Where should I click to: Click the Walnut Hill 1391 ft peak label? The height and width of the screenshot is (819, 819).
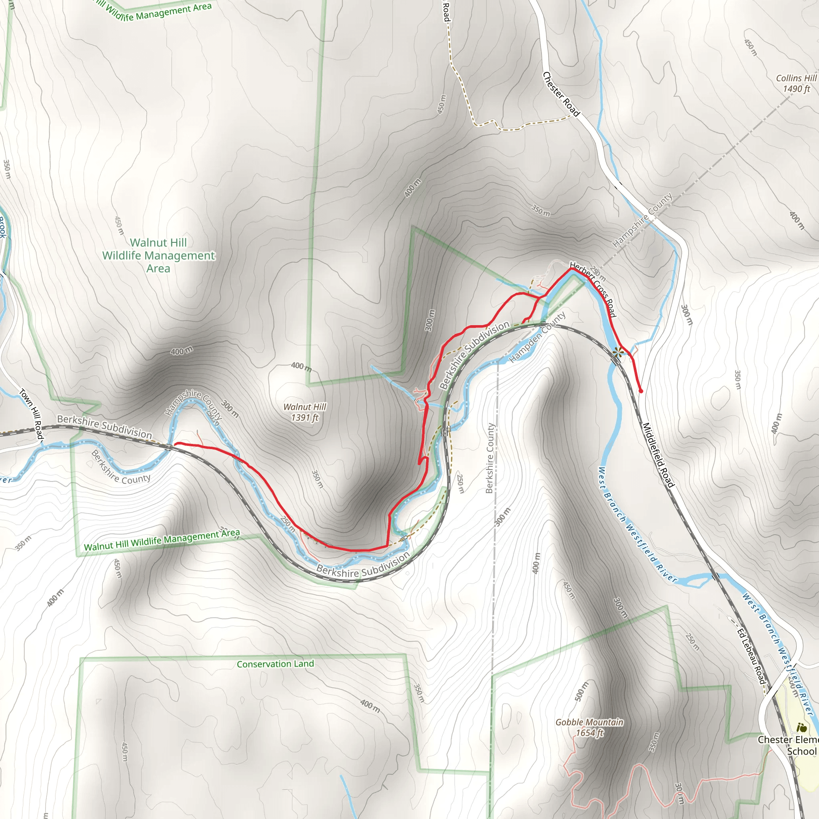[304, 412]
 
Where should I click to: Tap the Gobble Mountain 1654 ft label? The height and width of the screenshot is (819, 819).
[589, 727]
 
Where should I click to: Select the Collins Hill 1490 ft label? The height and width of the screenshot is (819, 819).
[796, 83]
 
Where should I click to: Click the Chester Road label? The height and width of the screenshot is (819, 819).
[560, 94]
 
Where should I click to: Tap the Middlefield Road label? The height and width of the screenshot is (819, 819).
[657, 455]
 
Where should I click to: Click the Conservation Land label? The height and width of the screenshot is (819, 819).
[275, 664]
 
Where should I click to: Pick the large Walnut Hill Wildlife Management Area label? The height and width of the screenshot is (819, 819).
[158, 255]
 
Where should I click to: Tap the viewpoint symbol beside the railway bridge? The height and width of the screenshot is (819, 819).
[619, 351]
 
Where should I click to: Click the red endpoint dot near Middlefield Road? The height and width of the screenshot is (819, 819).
[641, 391]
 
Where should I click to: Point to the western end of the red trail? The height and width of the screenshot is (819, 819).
[176, 444]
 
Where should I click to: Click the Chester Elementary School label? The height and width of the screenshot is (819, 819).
[788, 745]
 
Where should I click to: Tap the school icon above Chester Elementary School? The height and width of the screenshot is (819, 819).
[801, 728]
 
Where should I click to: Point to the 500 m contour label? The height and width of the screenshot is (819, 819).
[581, 691]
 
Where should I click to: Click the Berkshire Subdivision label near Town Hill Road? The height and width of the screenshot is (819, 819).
[104, 426]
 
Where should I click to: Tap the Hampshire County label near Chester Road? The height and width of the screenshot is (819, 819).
[642, 220]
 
